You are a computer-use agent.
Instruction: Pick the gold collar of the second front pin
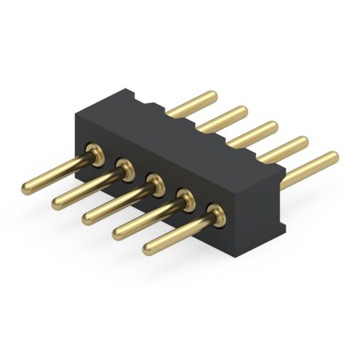(x=125, y=166)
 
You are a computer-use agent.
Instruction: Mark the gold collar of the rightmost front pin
(x=214, y=213)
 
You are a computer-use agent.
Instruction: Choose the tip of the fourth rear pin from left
(x=302, y=140)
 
